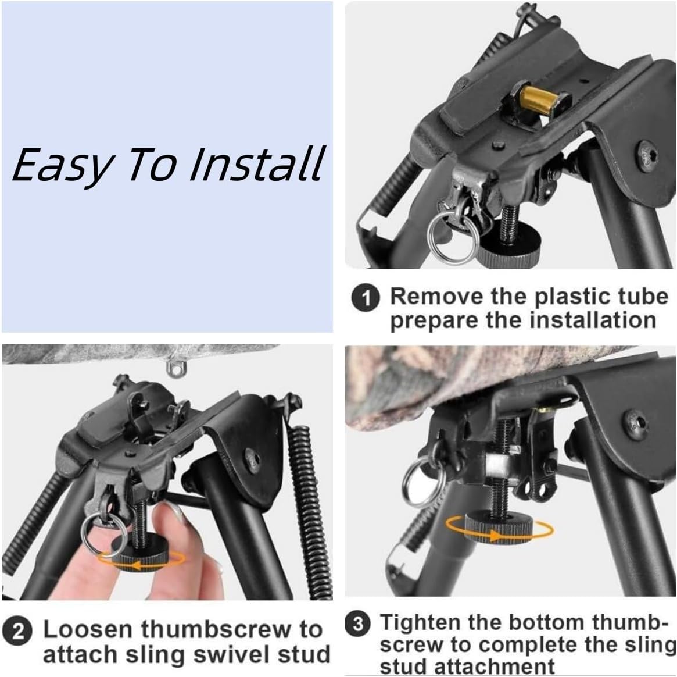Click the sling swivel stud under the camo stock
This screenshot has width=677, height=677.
coord(173,366)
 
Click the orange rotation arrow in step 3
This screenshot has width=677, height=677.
coord(500,529)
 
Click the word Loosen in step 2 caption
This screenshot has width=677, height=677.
coord(87,629)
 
